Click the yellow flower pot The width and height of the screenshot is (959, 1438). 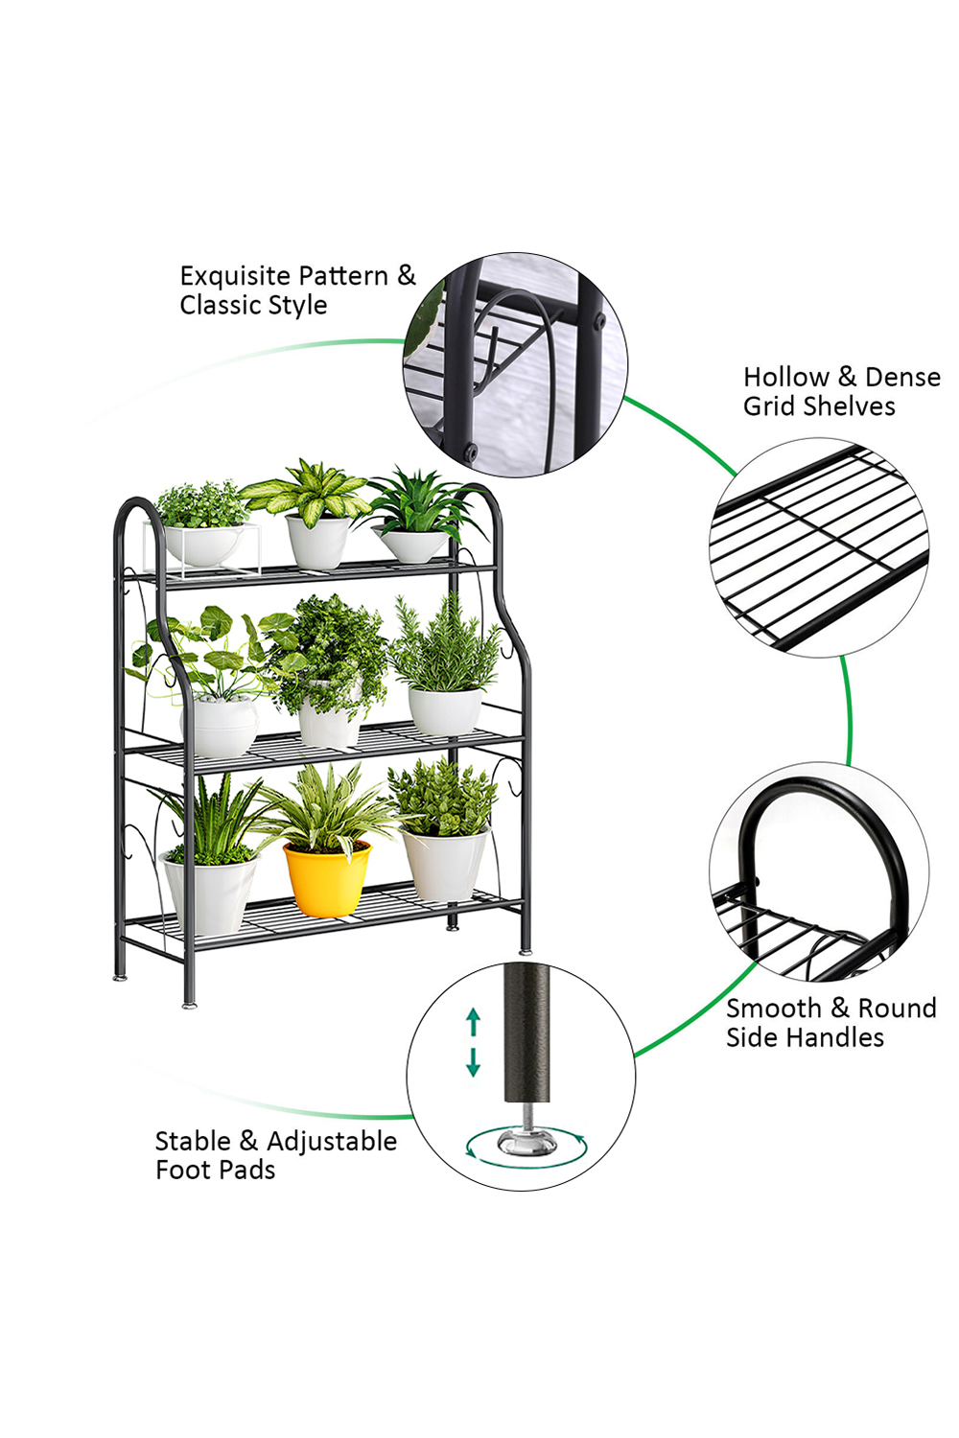tap(327, 879)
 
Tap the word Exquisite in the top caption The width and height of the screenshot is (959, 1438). tap(235, 276)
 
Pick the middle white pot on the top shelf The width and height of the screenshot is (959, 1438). tap(318, 541)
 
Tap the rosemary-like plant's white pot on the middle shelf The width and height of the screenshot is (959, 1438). tap(444, 710)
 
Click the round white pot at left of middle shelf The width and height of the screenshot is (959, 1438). tap(221, 728)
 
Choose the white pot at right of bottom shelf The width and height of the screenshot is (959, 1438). tap(445, 864)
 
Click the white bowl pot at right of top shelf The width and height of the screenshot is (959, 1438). tap(411, 545)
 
